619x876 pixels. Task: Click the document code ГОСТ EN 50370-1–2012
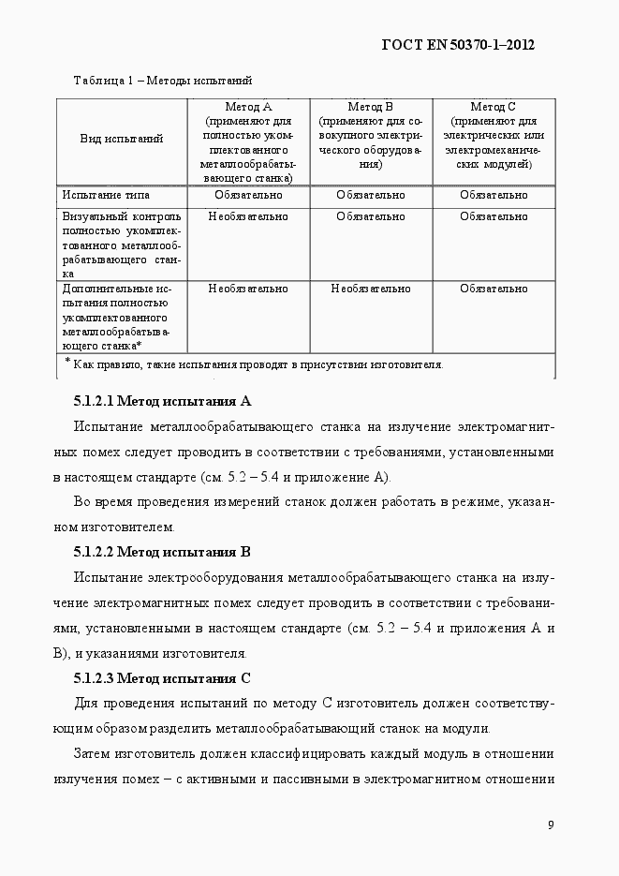tap(459, 44)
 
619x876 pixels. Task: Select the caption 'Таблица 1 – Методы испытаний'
tap(162, 81)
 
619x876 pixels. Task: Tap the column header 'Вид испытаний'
tap(121, 139)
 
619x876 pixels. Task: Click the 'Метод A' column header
tap(248, 108)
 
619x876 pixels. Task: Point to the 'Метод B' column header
tap(370, 108)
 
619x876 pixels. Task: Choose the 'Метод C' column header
tap(493, 108)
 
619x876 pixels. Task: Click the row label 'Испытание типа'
tap(106, 195)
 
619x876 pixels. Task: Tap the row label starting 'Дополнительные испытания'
tap(117, 317)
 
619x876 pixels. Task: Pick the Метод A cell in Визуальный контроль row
tap(248, 216)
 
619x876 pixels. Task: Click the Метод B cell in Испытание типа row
tap(370, 195)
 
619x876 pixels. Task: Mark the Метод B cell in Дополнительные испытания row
tap(370, 289)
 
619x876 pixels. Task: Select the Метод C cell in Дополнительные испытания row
tap(493, 289)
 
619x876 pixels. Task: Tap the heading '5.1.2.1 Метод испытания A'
tap(162, 401)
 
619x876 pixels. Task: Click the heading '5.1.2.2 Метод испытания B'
tap(162, 551)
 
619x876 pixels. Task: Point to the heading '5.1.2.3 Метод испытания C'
tap(162, 677)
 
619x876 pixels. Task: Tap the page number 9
tap(551, 824)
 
